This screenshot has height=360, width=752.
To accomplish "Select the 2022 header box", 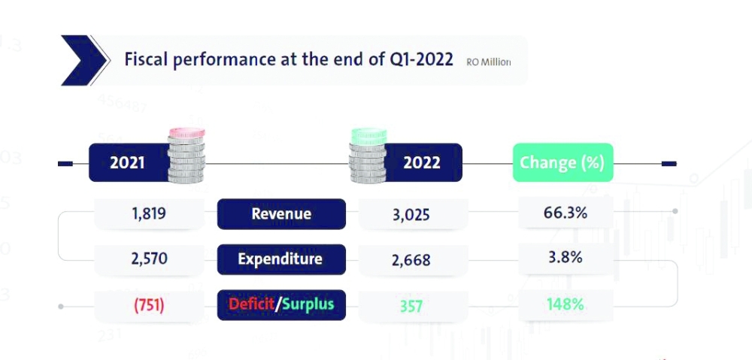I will (422, 162).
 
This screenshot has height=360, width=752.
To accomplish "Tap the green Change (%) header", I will (562, 162).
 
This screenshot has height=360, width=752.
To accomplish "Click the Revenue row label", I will (281, 214).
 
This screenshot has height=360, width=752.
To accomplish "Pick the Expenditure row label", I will (280, 259).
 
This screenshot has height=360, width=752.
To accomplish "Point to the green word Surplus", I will (308, 304).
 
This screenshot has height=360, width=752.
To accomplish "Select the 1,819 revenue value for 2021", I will (148, 213).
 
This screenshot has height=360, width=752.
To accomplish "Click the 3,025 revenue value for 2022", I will (411, 215).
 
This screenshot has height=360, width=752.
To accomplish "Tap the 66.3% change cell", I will (565, 213).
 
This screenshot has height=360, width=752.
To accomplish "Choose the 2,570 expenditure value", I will (148, 259).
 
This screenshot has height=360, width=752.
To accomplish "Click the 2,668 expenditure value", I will (411, 260).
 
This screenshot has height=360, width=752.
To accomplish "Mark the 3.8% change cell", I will (566, 258).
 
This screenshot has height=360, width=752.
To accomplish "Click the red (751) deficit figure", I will (149, 304).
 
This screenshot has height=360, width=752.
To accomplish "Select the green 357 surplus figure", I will (411, 306).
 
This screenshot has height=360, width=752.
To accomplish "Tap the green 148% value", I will (565, 304).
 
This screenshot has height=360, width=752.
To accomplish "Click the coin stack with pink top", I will (186, 156).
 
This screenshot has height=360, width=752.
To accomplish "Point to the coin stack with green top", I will (368, 156).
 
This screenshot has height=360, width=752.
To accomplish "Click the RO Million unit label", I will (488, 62).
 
